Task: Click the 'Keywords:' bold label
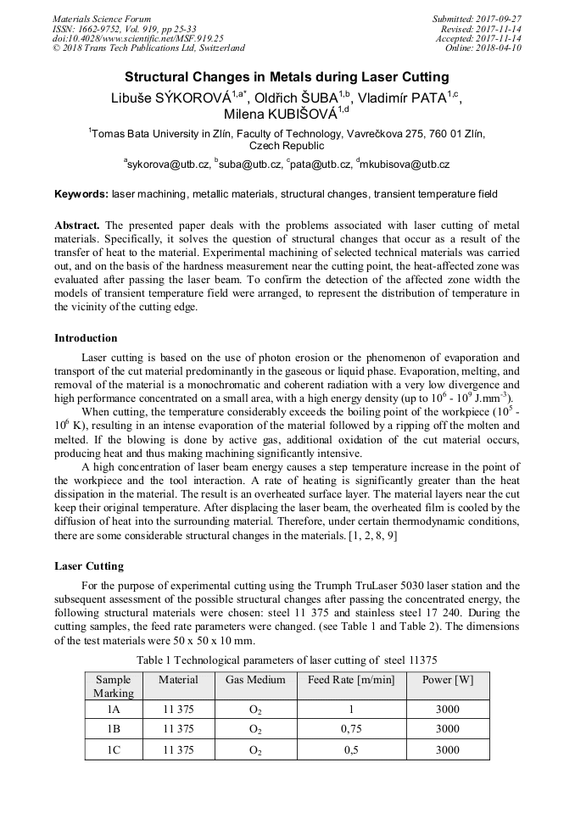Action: pos(81,194)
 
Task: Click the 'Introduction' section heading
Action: pos(86,338)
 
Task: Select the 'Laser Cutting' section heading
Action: pos(89,566)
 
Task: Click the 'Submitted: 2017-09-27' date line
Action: pos(477,19)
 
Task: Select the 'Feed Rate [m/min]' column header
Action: pos(351,680)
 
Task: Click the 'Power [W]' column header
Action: pos(447,680)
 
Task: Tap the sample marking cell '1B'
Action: pos(113,729)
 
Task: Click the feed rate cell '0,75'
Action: pos(351,729)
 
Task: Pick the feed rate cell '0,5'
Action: pos(351,749)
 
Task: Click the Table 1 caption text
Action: pos(287,660)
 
